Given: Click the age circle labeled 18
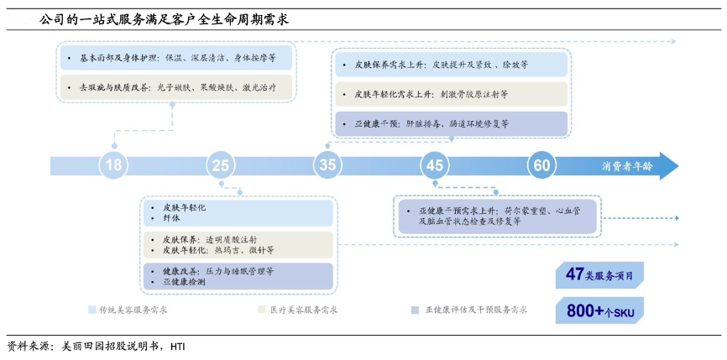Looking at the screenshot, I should [x=113, y=165].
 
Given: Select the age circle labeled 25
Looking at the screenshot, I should [x=220, y=165].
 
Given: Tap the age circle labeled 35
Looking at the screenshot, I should [x=327, y=165].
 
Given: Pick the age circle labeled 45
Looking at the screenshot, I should [x=434, y=165].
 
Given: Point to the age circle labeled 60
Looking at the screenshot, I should [x=540, y=165].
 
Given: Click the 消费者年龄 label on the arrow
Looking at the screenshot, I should [x=626, y=165].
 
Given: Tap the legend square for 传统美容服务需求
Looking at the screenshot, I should [x=92, y=310].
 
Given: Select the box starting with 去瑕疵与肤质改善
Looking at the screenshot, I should [x=176, y=86].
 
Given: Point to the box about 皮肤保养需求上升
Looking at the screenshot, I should [x=451, y=64].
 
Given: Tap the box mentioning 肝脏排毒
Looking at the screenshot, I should [x=451, y=123].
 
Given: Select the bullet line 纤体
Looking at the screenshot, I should [x=169, y=218].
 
